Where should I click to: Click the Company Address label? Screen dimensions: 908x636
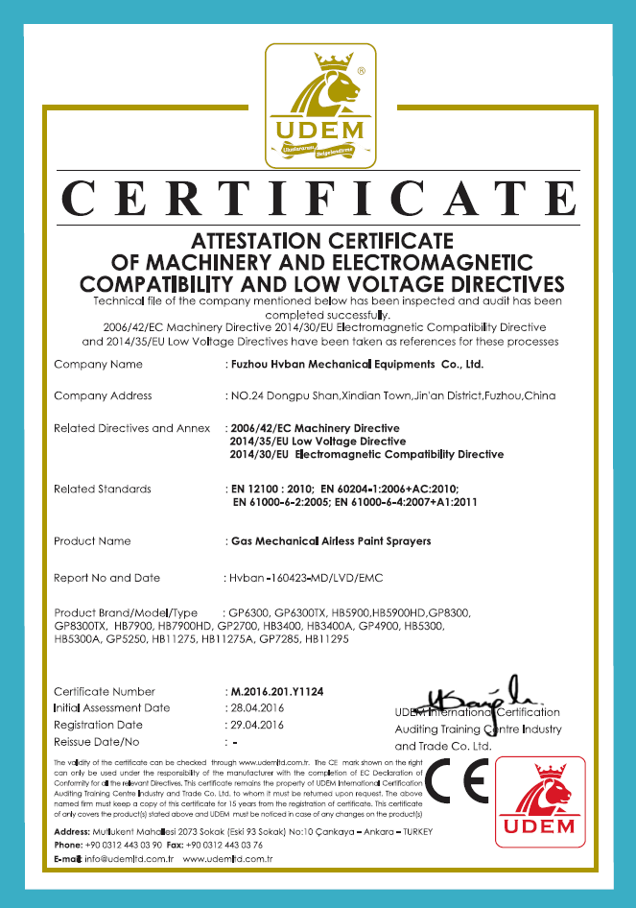(103, 395)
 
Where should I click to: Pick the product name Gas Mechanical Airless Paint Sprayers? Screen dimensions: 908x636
(331, 541)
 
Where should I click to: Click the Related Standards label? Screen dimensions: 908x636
(103, 490)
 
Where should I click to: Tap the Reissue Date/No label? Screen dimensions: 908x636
(97, 742)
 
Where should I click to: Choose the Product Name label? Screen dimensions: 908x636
(92, 541)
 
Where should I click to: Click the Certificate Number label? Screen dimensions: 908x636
(104, 691)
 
